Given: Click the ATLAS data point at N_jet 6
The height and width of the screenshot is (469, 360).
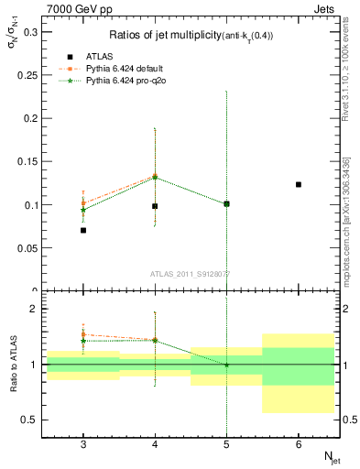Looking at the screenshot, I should click(x=299, y=184).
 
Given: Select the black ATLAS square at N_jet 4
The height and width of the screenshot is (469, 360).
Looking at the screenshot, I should click(x=155, y=206).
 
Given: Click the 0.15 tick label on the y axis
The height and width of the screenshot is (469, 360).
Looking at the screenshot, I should click(x=28, y=161).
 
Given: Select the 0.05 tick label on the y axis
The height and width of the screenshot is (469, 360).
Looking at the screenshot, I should click(x=28, y=247).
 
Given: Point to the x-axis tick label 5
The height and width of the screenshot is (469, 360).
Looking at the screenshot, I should click(x=226, y=443).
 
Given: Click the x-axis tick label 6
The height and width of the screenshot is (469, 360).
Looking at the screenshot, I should click(x=299, y=443).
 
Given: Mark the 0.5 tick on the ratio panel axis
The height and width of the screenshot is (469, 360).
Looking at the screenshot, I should click(x=31, y=420).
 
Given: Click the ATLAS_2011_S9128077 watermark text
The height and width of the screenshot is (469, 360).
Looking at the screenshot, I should click(x=191, y=273).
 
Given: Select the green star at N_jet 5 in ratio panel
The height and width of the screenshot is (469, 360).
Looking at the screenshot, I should click(x=226, y=365).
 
